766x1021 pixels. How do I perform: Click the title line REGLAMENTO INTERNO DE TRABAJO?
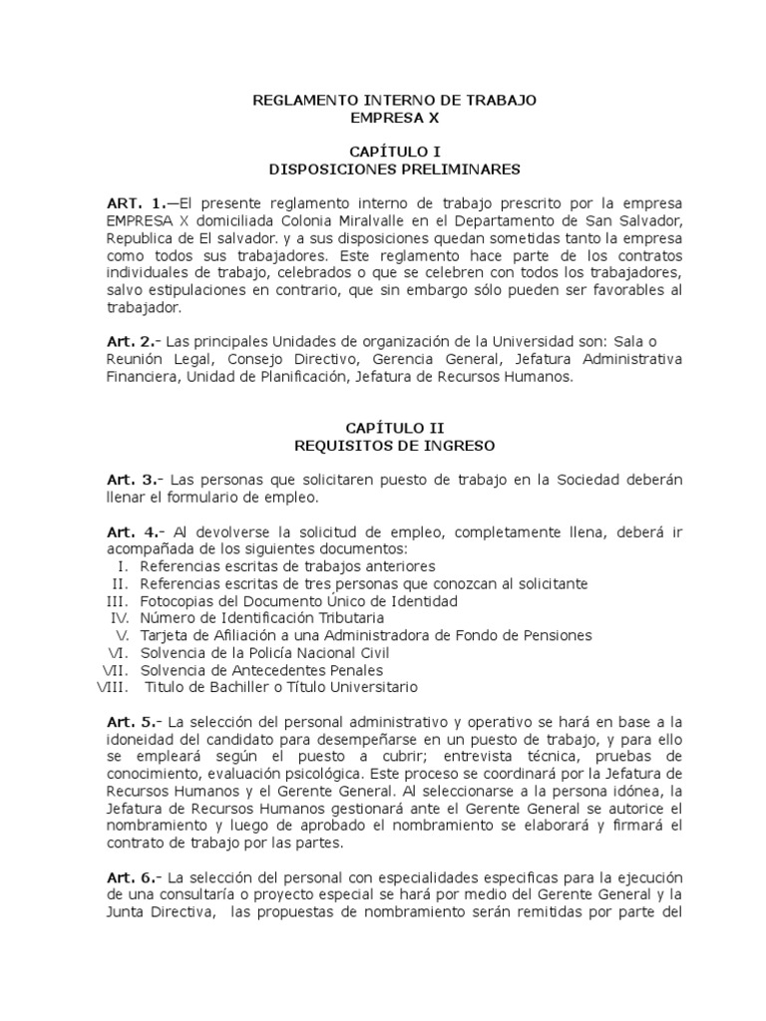(394, 100)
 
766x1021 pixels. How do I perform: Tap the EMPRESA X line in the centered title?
(394, 117)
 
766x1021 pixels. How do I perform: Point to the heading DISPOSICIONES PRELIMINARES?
(394, 169)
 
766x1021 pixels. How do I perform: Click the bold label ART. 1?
(137, 202)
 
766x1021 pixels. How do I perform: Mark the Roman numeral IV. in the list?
(120, 618)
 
